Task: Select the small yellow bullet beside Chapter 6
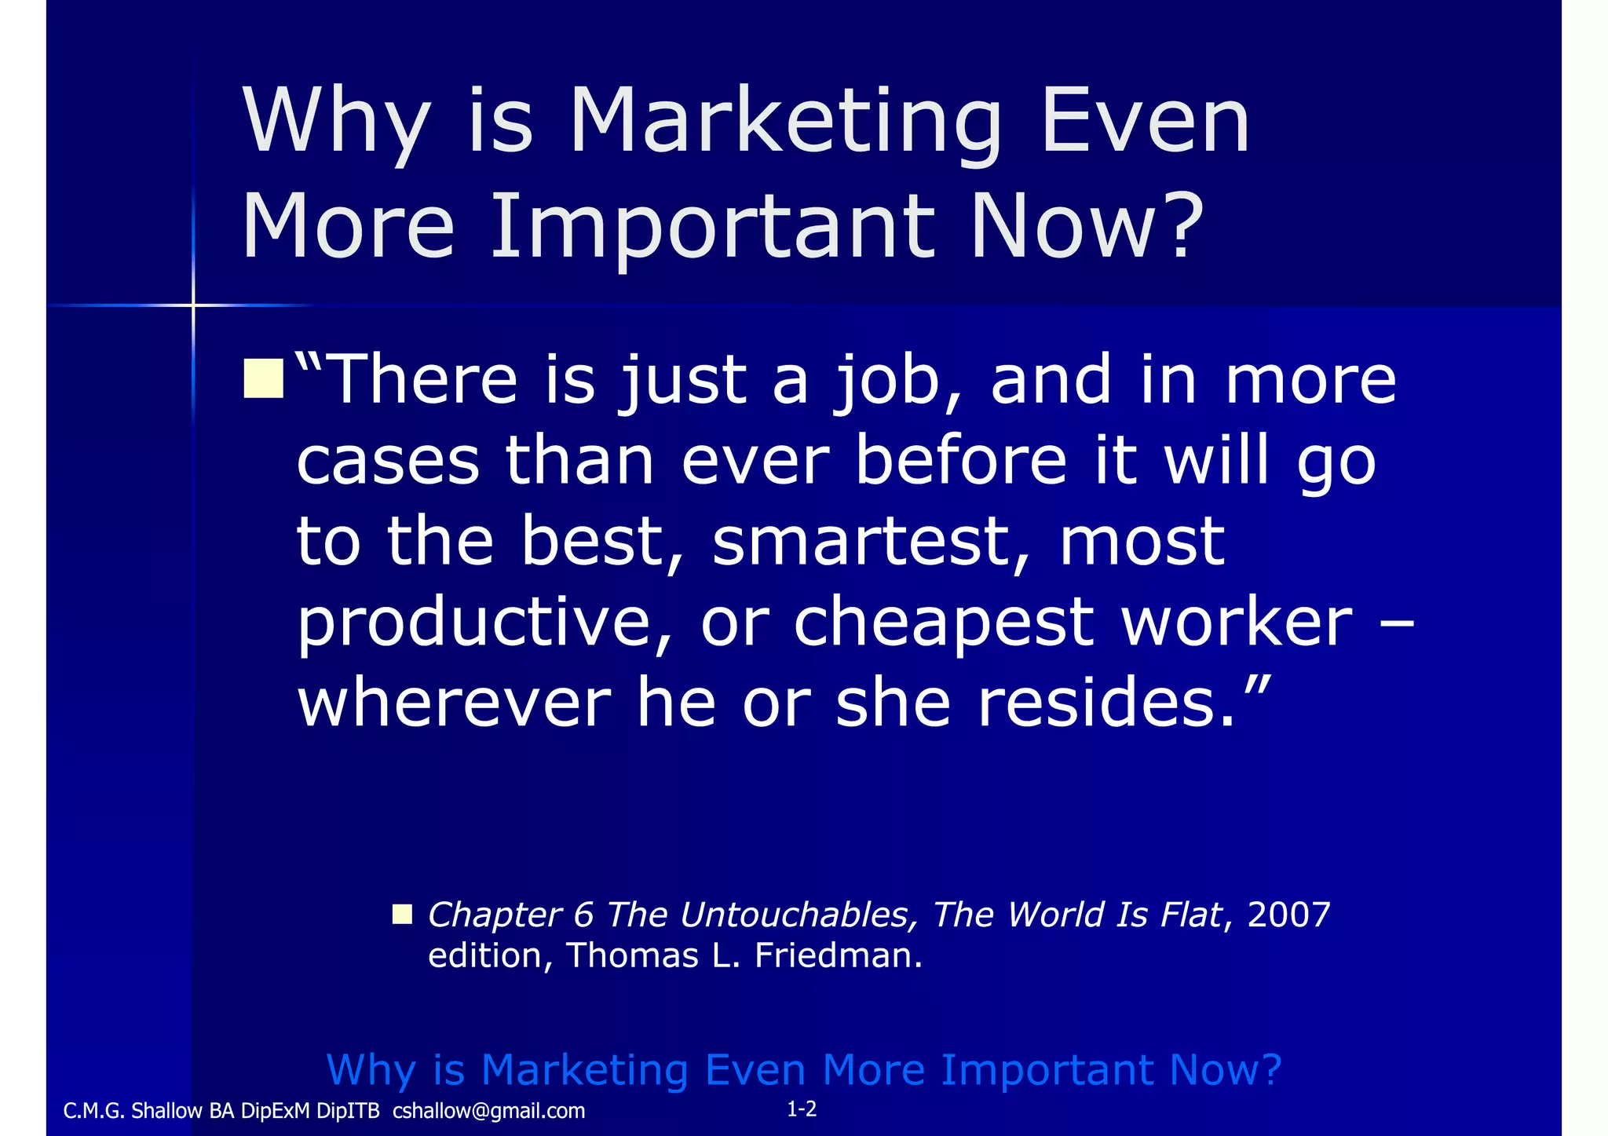point(402,914)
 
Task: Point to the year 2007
point(1288,915)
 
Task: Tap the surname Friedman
point(838,955)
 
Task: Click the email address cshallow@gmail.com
point(488,1111)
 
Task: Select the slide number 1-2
point(802,1109)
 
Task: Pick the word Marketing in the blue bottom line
point(585,1069)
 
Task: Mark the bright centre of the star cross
point(193,305)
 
